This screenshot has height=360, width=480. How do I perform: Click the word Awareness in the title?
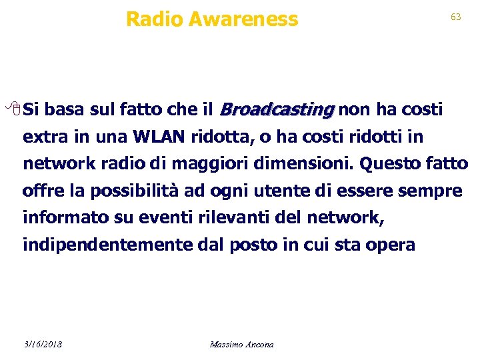pyautogui.click(x=243, y=19)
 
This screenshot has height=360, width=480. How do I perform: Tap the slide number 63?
pyautogui.click(x=456, y=17)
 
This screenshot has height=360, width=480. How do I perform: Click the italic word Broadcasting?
pyautogui.click(x=277, y=109)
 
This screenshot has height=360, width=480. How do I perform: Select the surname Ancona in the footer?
pyautogui.click(x=260, y=344)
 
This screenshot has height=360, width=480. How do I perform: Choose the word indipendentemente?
pyautogui.click(x=108, y=245)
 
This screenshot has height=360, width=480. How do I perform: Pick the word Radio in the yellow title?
pyautogui.click(x=154, y=19)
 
